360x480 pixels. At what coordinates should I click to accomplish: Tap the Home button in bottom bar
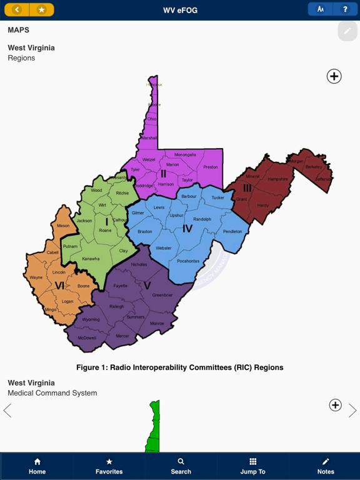[37, 466]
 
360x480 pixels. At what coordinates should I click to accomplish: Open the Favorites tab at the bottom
[109, 466]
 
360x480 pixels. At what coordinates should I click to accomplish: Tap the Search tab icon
[181, 466]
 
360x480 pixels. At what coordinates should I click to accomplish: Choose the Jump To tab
[253, 466]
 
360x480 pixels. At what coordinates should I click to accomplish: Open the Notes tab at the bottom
[325, 466]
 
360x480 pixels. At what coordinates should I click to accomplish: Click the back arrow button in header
[17, 9]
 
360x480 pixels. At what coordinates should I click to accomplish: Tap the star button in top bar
[41, 9]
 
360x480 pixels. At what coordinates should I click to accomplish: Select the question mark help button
[345, 9]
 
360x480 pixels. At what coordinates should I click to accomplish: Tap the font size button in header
[321, 9]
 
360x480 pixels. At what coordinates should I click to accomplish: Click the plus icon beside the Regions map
[334, 76]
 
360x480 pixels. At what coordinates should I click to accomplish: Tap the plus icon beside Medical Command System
[336, 405]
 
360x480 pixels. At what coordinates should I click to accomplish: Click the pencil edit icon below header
[347, 31]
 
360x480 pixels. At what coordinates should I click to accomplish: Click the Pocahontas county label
[188, 261]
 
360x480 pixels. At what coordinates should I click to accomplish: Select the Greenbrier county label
[162, 295]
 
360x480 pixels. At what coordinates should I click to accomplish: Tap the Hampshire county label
[277, 179]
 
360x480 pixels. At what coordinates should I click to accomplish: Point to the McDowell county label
[87, 338]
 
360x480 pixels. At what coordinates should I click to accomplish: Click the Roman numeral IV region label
[187, 229]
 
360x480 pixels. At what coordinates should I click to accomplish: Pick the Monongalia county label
[185, 154]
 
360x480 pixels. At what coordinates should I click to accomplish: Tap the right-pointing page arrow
[352, 410]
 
